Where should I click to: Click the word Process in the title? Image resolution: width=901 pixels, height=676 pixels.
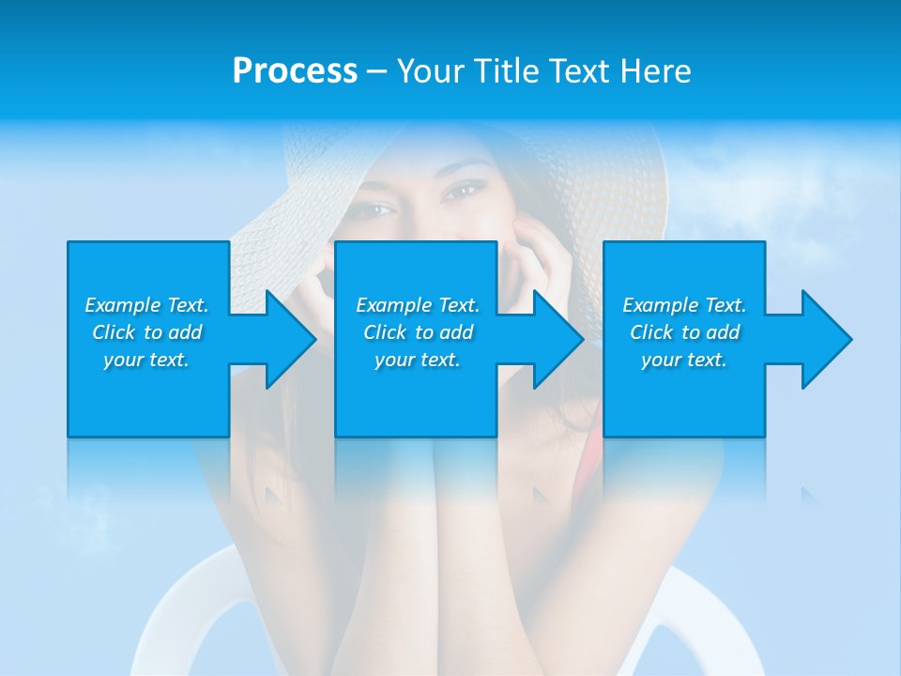pyautogui.click(x=295, y=71)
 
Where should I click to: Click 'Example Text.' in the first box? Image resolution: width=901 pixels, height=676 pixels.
pyautogui.click(x=146, y=305)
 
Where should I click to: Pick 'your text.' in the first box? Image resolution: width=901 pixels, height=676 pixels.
pyautogui.click(x=146, y=360)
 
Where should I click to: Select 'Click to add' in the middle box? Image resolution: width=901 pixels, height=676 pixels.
pyautogui.click(x=418, y=332)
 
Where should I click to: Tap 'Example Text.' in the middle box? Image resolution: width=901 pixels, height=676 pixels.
pyautogui.click(x=418, y=305)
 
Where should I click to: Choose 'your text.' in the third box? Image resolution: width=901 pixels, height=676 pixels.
pyautogui.click(x=684, y=360)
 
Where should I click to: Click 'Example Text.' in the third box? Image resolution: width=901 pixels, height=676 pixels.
pyautogui.click(x=684, y=305)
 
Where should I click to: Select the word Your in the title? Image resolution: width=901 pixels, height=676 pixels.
pyautogui.click(x=431, y=71)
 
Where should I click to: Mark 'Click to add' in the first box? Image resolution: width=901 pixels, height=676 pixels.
pyautogui.click(x=146, y=332)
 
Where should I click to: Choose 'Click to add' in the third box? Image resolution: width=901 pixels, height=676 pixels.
pyautogui.click(x=684, y=332)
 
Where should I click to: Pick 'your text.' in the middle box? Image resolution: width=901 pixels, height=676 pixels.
pyautogui.click(x=418, y=360)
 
